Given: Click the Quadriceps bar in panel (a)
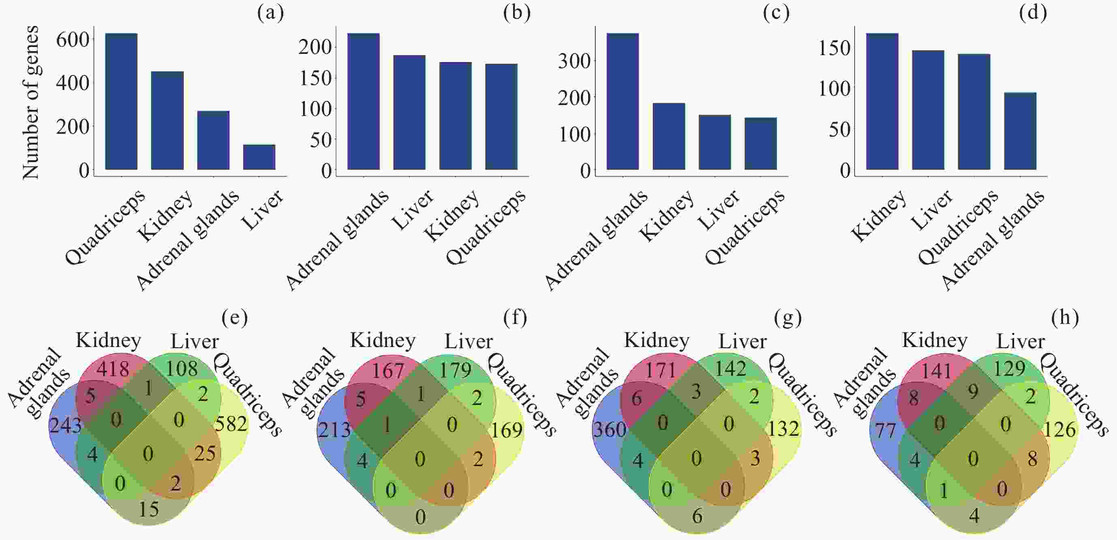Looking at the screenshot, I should pyautogui.click(x=122, y=101).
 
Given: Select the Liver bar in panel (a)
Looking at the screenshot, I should pyautogui.click(x=259, y=157).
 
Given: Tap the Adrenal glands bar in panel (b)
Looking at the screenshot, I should pyautogui.click(x=364, y=101).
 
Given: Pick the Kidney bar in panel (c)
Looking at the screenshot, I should pyautogui.click(x=669, y=136).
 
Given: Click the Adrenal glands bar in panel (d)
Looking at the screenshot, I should pyautogui.click(x=1020, y=131).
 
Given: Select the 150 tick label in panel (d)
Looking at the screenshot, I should pyautogui.click(x=834, y=48).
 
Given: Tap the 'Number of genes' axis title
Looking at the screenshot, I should pyautogui.click(x=30, y=102).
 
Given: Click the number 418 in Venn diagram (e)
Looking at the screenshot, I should pyautogui.click(x=113, y=369).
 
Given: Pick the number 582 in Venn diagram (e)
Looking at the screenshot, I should pyautogui.click(x=231, y=424).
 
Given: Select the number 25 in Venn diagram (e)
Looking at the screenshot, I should pyautogui.click(x=205, y=454).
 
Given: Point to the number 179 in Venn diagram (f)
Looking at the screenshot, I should pyautogui.click(x=455, y=370).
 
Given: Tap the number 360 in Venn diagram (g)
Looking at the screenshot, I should pyautogui.click(x=610, y=430).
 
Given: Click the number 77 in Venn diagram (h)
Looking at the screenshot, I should pyautogui.click(x=885, y=431).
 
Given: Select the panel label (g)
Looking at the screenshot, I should pyautogui.click(x=787, y=318).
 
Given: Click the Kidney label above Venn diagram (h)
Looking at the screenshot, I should pyautogui.click(x=935, y=341).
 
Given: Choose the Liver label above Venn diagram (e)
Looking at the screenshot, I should pyautogui.click(x=194, y=341).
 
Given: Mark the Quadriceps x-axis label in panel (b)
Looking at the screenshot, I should pyautogui.click(x=486, y=227).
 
